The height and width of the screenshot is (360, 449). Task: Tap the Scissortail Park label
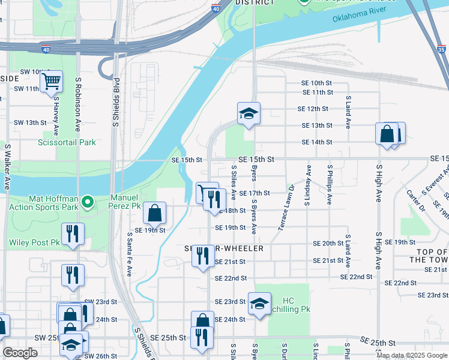67,143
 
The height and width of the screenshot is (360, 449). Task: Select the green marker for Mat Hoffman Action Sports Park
88,203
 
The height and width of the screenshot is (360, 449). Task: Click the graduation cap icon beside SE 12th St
248,113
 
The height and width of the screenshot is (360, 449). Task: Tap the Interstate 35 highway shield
442,50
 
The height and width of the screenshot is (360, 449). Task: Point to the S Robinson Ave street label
78,104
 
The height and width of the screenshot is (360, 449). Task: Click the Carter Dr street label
415,200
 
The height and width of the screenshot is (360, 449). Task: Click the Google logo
20,353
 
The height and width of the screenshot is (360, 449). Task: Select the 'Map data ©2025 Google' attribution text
411,355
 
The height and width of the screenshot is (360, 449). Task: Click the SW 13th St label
31,122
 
